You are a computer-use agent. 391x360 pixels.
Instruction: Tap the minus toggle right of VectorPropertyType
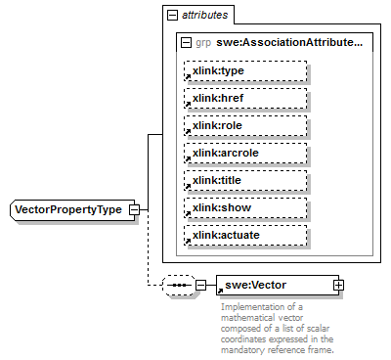point(134,209)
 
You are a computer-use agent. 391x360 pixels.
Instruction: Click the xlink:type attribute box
point(245,71)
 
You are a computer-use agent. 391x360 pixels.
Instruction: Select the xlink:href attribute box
point(245,99)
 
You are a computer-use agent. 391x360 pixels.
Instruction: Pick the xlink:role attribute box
point(245,126)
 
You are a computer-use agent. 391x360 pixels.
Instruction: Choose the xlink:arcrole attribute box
point(245,154)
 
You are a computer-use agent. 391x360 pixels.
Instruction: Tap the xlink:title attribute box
point(245,181)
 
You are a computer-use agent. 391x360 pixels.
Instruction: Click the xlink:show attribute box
point(245,208)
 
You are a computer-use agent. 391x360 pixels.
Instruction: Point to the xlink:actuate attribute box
point(245,236)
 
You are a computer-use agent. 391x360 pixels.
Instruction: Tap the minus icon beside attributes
point(173,17)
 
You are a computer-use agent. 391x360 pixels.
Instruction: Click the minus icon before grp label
point(187,43)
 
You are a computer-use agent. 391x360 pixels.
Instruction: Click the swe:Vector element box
point(273,285)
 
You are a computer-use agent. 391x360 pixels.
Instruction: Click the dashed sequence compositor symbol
point(177,285)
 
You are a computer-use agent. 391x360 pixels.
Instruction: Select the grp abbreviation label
point(202,43)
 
